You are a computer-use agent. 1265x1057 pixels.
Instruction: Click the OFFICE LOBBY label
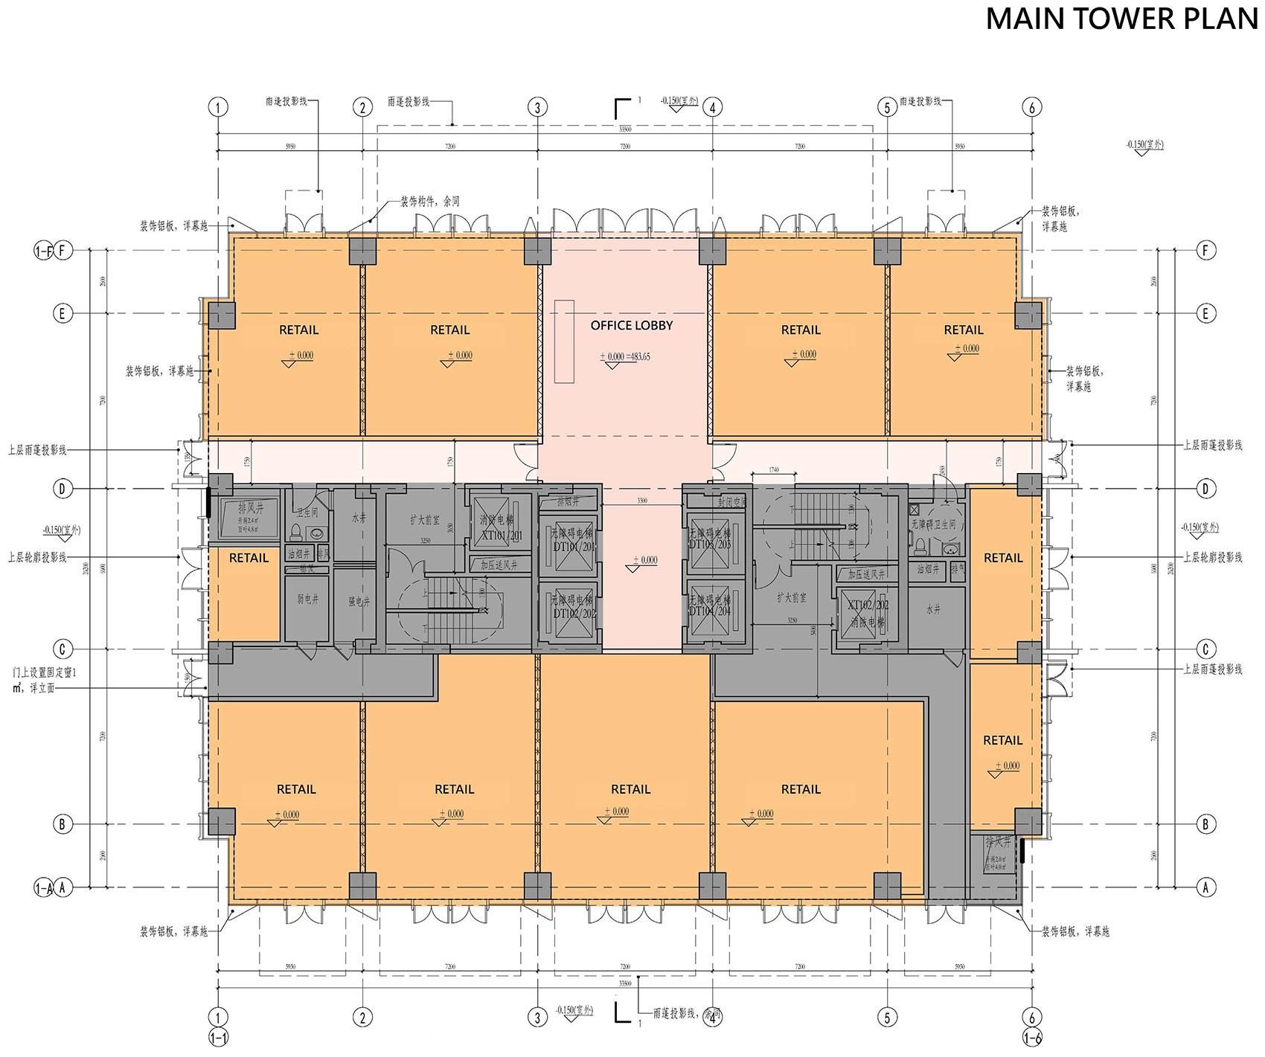coord(631,325)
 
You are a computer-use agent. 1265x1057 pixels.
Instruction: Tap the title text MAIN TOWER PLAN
coord(1122,19)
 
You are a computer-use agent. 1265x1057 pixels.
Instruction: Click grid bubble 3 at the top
coord(537,107)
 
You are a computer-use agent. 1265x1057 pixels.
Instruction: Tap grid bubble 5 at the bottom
coord(887,1017)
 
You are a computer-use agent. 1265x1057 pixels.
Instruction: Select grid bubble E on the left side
coord(63,313)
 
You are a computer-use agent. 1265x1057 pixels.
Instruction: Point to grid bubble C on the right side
coord(1206,649)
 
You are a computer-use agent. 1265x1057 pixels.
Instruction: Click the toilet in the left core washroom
coord(295,533)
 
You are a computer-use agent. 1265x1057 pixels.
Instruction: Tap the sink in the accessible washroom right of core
coord(950,549)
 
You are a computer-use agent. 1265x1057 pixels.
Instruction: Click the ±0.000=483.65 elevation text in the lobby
coord(625,357)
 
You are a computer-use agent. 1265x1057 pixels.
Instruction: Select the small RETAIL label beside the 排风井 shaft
coord(249,558)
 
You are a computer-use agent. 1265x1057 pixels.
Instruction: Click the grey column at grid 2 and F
coord(362,251)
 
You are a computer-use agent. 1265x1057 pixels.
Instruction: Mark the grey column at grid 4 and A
coord(712,886)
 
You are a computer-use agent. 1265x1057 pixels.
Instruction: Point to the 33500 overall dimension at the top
coord(625,129)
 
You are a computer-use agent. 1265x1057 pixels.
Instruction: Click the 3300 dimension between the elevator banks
coord(641,501)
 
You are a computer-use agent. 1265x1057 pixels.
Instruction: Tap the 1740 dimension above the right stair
coord(774,469)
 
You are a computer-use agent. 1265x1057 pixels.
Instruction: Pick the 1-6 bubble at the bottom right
coord(1032,1038)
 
